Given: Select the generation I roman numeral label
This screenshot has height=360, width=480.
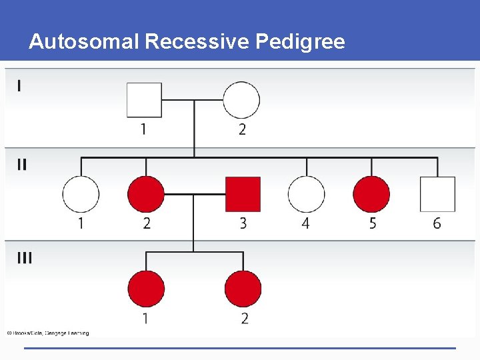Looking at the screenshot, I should coord(19,86).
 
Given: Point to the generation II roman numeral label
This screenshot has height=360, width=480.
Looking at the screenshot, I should coord(22,165).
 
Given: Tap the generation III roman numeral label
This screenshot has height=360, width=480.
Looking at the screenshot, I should coord(24,258).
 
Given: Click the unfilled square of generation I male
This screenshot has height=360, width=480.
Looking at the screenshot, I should coord(145,100).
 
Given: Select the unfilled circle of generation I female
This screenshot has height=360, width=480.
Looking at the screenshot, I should coord(241,100).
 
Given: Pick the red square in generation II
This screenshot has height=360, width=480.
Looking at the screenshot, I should coord(243,194).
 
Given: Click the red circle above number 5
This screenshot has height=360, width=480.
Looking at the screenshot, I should coord(371,194).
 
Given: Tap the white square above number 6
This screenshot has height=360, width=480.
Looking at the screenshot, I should coord(437,194).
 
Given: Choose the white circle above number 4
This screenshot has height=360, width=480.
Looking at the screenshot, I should coord(306,194).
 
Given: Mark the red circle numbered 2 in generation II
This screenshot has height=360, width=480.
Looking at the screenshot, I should coord(146,194).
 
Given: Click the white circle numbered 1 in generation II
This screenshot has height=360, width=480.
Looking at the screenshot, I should coord(81,194).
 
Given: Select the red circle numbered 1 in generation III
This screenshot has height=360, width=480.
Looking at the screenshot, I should coord(146,289).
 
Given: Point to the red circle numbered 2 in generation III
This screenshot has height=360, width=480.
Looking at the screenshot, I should coord(243,289).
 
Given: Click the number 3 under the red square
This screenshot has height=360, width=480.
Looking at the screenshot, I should coord(243,223).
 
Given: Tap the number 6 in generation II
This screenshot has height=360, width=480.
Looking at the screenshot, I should coord(437,223).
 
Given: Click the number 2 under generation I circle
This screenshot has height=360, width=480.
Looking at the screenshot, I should coord(242,129).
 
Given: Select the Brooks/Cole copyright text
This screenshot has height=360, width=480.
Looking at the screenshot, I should coord(48,333).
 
